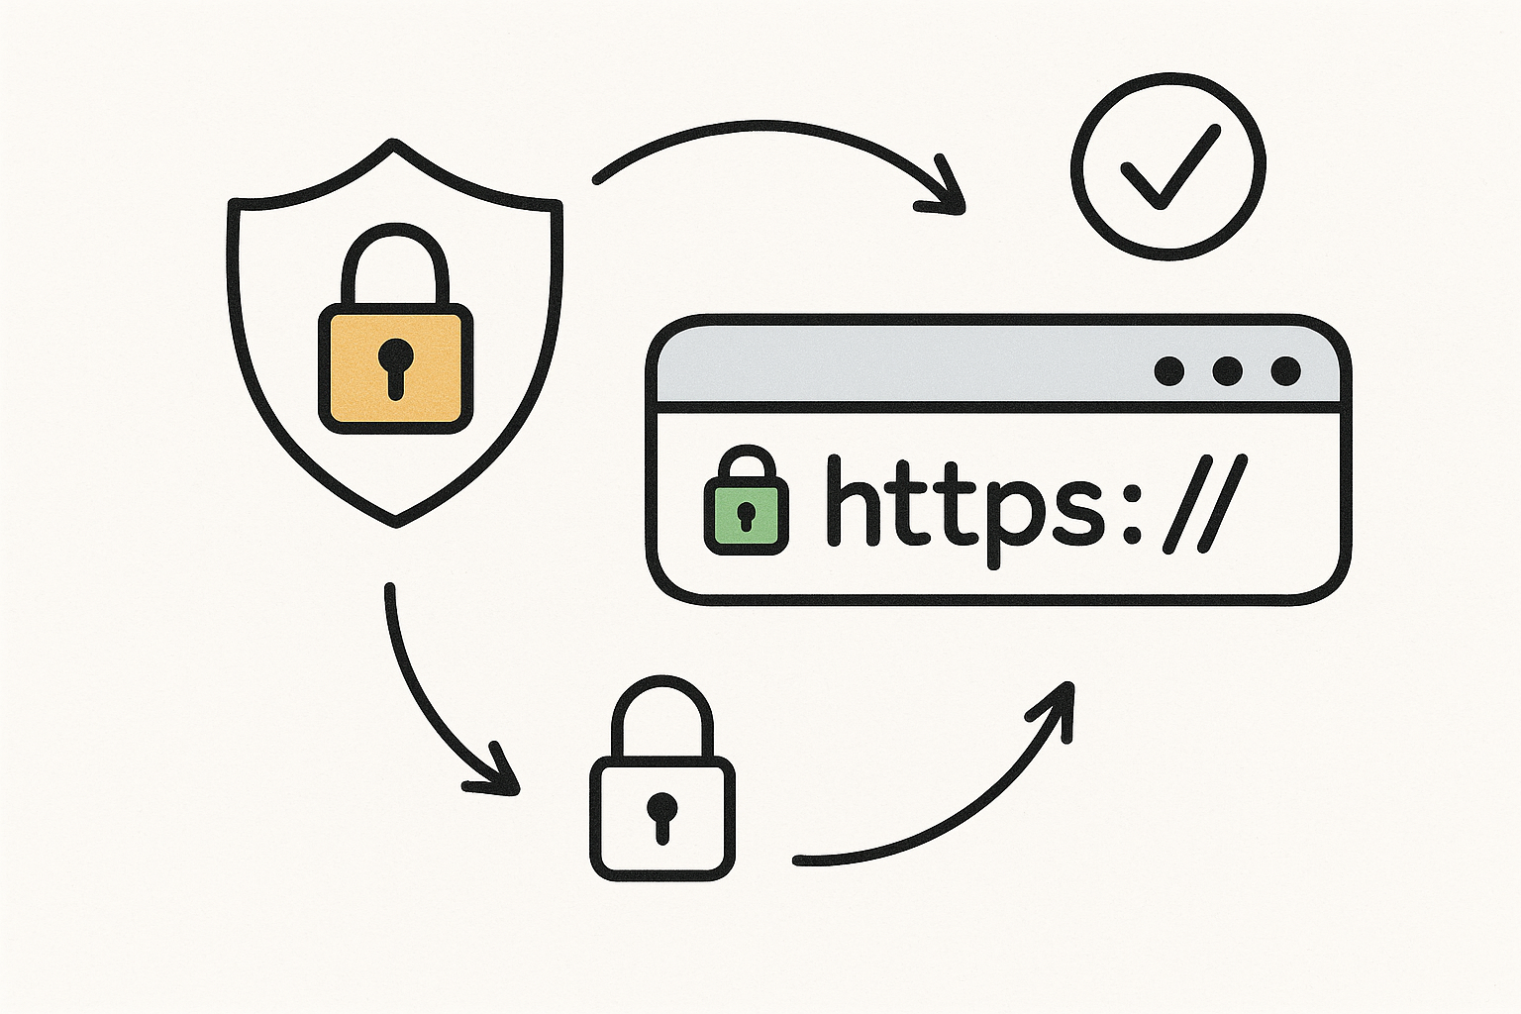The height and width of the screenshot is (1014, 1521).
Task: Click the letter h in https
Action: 857,504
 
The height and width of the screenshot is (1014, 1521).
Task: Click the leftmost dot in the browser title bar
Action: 1169,370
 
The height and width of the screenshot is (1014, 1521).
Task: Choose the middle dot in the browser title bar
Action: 1227,370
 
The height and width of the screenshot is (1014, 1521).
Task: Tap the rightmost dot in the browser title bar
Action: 1285,370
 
